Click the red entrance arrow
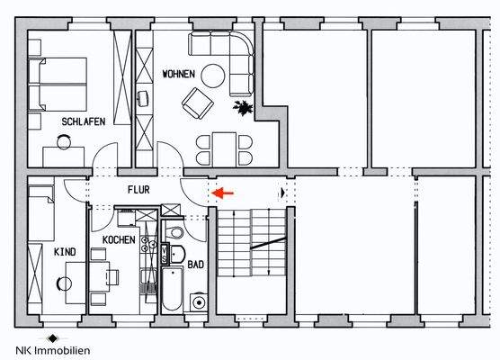point(220,191)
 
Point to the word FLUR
point(138,191)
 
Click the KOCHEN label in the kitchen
point(119,240)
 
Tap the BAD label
point(194,265)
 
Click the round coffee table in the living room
point(213,76)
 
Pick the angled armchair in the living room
point(197,104)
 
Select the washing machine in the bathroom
point(197,301)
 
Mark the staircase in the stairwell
point(250,248)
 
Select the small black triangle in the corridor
point(283,192)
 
